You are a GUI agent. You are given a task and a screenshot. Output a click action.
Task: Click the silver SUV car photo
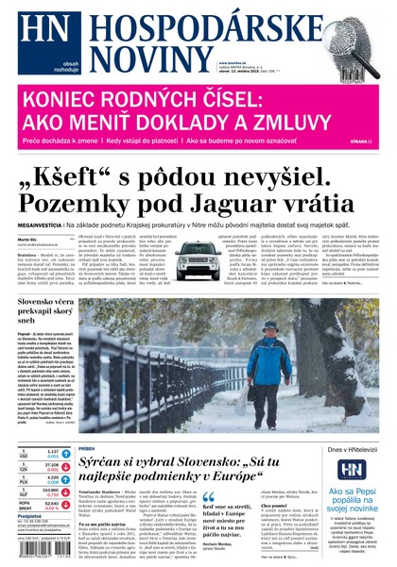[199, 263]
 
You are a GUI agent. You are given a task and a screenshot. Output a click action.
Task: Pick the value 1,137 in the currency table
[54, 451]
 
